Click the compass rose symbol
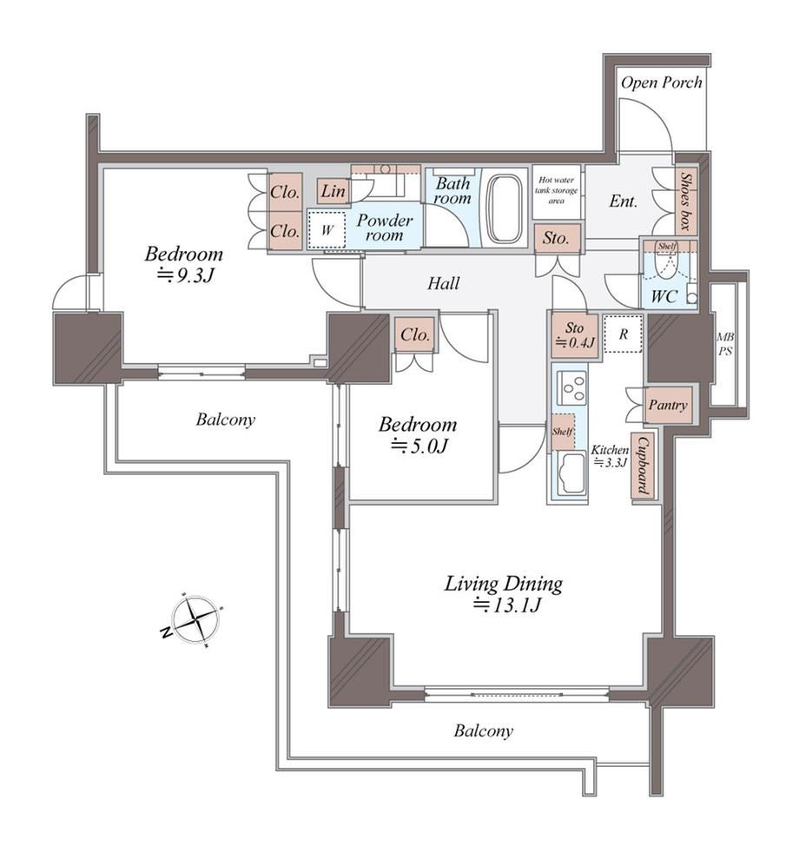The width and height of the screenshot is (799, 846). point(195,620)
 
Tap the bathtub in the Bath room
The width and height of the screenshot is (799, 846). point(506,208)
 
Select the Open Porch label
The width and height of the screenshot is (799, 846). point(662,83)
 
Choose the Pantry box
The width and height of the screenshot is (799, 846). point(668,405)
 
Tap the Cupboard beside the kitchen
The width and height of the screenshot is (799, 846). point(643,466)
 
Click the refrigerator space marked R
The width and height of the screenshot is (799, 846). point(623,334)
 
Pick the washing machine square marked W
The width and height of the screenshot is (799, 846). point(327,229)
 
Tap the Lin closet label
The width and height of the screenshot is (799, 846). point(333,191)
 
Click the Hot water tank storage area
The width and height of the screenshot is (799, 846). point(556,190)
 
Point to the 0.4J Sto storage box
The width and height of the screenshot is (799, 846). point(575,335)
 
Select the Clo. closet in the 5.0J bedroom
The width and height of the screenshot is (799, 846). point(415,334)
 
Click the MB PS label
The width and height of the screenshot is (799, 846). point(725,344)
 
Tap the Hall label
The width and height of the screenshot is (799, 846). point(444,283)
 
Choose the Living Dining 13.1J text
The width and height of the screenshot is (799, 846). point(504,594)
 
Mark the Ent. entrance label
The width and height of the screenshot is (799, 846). point(623,202)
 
